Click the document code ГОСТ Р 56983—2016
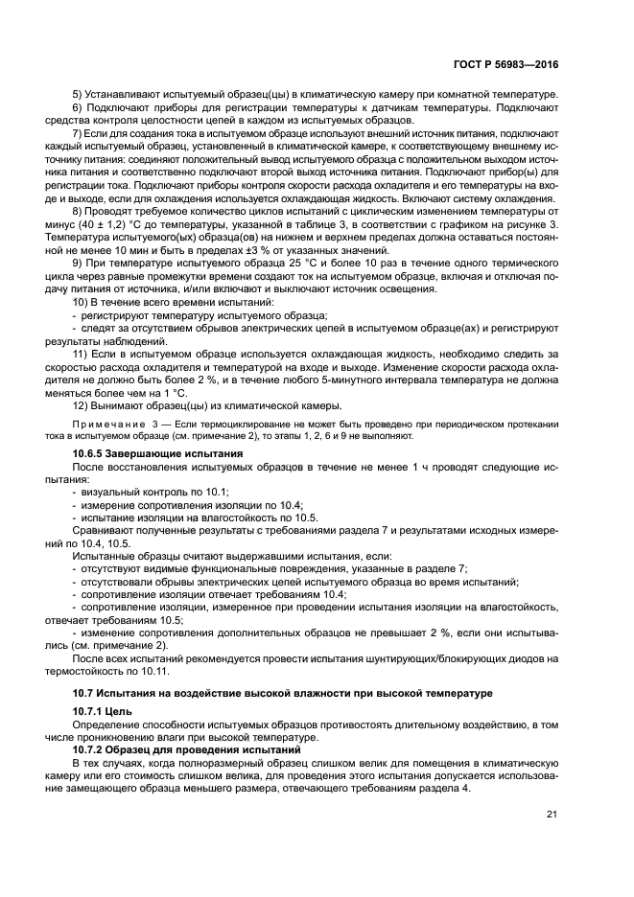(x=507, y=64)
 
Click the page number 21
(x=552, y=815)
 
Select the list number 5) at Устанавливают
(x=80, y=96)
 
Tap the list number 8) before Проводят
(x=80, y=210)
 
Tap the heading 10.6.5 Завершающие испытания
(x=158, y=451)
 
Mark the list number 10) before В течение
(x=82, y=302)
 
